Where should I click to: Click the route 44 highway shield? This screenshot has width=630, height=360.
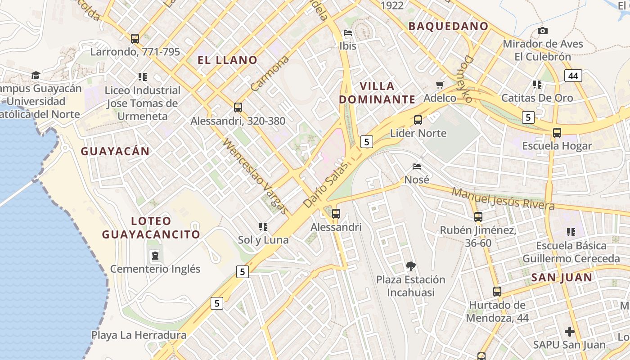coord(573,76)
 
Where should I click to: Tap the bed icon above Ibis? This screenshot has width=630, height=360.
coord(348,33)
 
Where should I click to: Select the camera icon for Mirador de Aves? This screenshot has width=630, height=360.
coord(543,31)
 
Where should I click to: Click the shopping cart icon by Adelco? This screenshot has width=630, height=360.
coord(440,85)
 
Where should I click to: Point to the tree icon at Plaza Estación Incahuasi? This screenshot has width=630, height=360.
coord(410,266)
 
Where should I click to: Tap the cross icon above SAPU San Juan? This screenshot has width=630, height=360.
coord(569,332)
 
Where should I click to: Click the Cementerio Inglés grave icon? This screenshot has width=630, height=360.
coord(155,256)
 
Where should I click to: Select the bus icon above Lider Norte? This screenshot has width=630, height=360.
coord(418,120)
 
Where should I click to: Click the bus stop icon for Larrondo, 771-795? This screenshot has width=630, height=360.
coord(135,39)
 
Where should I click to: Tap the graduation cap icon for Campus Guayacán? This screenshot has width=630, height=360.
coord(36,75)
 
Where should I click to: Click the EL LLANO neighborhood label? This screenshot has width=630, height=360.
coord(227,60)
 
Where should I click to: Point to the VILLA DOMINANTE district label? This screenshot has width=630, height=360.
coord(377,93)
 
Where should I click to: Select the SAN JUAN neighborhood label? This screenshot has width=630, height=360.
coord(562,277)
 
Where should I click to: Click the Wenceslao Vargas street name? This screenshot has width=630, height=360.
coord(255,177)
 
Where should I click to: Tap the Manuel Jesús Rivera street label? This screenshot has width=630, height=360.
coord(503,198)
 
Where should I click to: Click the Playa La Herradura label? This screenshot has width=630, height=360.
coord(139,335)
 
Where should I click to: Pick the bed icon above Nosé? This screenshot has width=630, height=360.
coord(417,166)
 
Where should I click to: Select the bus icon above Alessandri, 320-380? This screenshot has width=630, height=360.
coord(238,108)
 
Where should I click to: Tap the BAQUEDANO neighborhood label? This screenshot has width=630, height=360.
coord(448,26)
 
